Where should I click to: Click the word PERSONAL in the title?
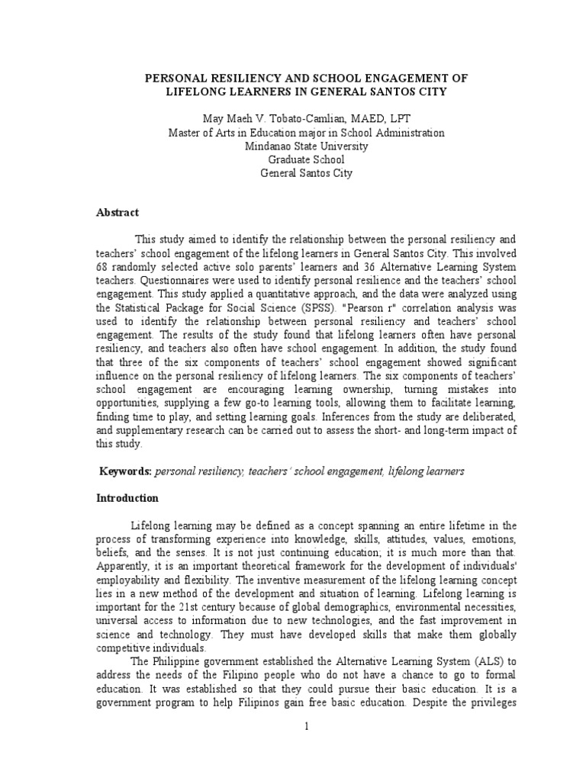coord(175,79)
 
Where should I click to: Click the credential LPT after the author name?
coord(398,119)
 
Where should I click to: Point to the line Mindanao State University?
coord(306,146)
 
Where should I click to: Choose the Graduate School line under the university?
coord(306,159)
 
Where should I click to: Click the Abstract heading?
coord(118,214)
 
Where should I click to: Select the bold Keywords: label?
coord(126,471)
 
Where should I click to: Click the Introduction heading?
coord(127,498)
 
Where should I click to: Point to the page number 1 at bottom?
coord(306,727)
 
